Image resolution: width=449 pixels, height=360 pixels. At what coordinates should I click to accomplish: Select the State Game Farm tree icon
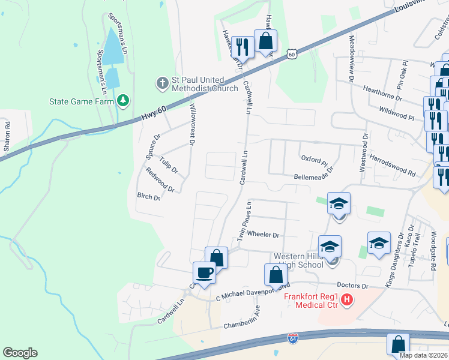[123, 100]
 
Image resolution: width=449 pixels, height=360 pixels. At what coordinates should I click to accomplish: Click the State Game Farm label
[82, 101]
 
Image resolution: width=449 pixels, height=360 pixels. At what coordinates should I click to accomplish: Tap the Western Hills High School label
[299, 260]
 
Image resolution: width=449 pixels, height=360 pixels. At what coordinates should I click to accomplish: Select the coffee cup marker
[204, 273]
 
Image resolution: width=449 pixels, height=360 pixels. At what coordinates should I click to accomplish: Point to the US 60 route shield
[292, 54]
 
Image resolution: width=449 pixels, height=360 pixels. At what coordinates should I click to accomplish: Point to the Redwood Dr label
[160, 180]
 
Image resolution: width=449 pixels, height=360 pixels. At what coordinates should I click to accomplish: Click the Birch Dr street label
[149, 197]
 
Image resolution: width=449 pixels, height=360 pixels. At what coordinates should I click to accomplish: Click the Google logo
[20, 353]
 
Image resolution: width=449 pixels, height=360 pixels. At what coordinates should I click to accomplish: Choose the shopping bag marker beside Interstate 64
[398, 345]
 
